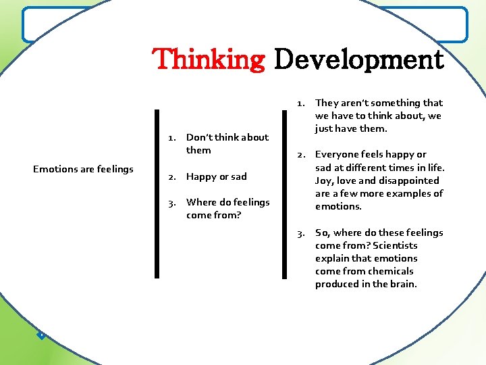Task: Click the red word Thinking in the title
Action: tap(209, 59)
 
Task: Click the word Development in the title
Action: tap(358, 59)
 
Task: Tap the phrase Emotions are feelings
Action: tap(83, 169)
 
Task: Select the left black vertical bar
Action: tap(157, 194)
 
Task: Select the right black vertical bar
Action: tap(283, 194)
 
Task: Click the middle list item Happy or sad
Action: tap(217, 176)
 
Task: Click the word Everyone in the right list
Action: tap(339, 155)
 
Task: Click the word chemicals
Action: tap(390, 271)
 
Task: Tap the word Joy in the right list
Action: tap(323, 180)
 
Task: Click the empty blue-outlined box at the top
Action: tap(244, 24)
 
